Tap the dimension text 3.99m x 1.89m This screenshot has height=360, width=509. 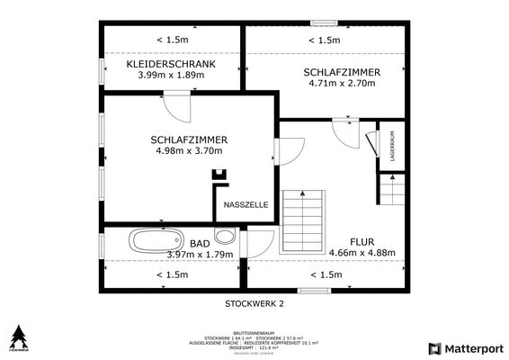[x=171, y=76]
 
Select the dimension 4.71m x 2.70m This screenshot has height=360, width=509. [x=342, y=84]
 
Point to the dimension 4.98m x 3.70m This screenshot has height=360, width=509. [x=188, y=151]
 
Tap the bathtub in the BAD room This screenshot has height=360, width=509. [x=156, y=241]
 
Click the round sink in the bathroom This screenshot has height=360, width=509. [x=227, y=239]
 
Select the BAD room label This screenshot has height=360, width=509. [x=200, y=244]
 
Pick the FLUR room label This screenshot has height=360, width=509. [x=362, y=242]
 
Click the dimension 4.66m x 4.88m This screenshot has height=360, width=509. [x=362, y=253]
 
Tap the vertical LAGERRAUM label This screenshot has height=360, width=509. [x=392, y=146]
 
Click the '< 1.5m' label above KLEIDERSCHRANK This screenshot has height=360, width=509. [x=171, y=40]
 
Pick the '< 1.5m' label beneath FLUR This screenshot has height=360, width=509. [x=326, y=274]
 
